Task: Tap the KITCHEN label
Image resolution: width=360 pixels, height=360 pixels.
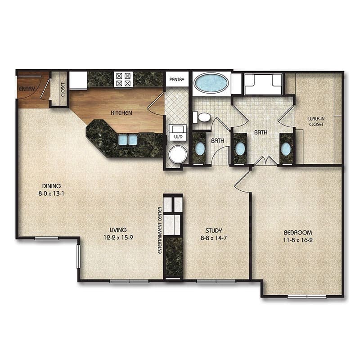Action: pyautogui.click(x=121, y=112)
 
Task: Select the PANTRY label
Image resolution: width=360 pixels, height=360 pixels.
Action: pyautogui.click(x=176, y=79)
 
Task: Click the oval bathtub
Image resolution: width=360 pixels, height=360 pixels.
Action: pyautogui.click(x=211, y=83)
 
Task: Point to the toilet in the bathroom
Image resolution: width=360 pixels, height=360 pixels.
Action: pyautogui.click(x=203, y=117)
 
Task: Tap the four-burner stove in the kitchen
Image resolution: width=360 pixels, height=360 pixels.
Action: pyautogui.click(x=123, y=79)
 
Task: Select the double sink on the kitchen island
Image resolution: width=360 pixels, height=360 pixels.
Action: pyautogui.click(x=128, y=140)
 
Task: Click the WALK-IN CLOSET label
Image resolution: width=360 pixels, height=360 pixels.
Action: pyautogui.click(x=317, y=121)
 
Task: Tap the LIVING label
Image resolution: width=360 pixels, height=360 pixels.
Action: pyautogui.click(x=118, y=230)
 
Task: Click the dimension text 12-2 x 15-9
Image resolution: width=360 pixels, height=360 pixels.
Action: pyautogui.click(x=118, y=238)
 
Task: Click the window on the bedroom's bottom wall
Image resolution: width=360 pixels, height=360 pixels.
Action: pyautogui.click(x=307, y=297)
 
